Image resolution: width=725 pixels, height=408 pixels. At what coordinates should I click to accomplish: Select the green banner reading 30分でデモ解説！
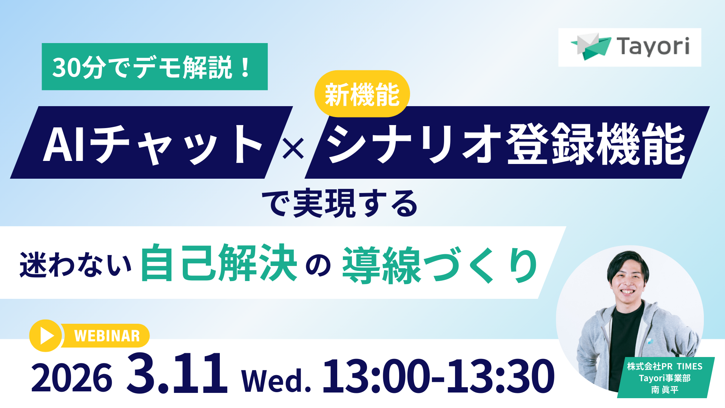pos(154,67)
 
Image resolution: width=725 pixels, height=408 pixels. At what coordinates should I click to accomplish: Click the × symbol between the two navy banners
pos(293,148)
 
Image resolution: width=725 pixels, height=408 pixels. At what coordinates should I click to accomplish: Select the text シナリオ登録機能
pos(505,144)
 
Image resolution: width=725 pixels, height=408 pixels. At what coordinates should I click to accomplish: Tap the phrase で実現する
pos(340,204)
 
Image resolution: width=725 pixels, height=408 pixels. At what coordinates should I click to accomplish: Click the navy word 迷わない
pos(76,264)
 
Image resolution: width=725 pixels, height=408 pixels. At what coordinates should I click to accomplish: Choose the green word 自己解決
pos(219,263)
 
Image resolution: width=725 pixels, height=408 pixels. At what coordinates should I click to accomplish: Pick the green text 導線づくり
pos(440,264)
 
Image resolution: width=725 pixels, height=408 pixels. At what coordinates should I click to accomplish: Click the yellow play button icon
pos(46,335)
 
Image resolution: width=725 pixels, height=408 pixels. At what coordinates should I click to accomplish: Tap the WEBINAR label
pos(107,336)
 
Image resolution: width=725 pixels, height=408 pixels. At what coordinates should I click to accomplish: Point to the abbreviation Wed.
pos(276,380)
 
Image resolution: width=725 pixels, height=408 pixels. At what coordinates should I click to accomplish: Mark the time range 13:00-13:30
pos(438,376)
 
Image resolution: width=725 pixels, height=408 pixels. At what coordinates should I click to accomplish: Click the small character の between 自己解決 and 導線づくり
pos(318,266)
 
